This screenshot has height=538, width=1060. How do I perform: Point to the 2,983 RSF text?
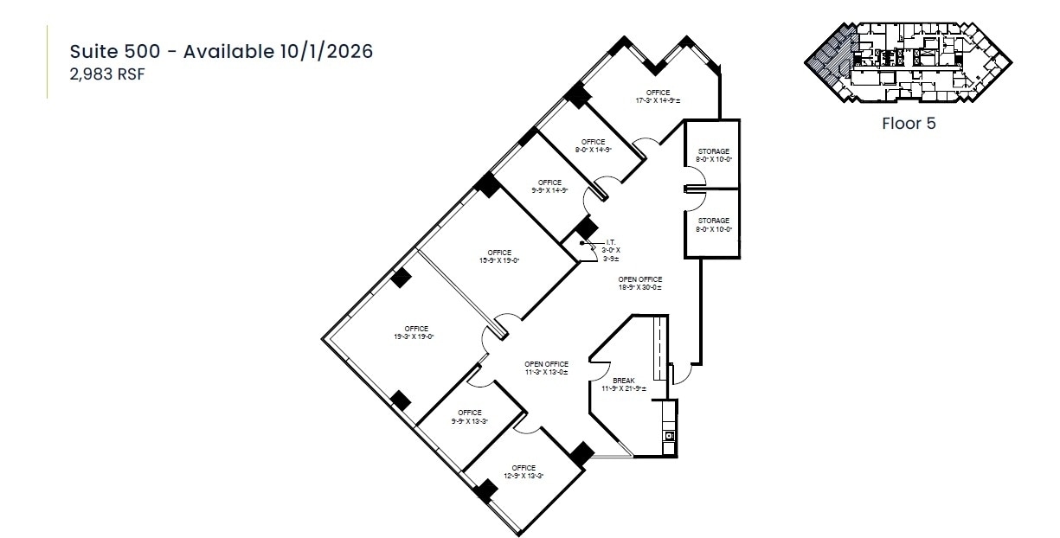click(106, 74)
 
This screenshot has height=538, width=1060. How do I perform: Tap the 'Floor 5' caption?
click(909, 123)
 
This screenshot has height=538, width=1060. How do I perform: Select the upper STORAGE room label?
click(713, 155)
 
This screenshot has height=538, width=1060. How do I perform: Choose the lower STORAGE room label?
click(713, 224)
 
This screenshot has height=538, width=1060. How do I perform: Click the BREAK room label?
click(624, 384)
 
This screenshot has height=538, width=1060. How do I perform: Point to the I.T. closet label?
click(611, 249)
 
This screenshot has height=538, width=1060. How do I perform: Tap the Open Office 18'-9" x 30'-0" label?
click(640, 283)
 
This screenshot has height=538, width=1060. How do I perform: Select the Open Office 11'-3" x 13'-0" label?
click(546, 368)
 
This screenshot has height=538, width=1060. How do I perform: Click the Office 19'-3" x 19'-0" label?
click(416, 332)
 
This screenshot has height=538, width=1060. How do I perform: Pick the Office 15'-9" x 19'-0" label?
click(499, 256)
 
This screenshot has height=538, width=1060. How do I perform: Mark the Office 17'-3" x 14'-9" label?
click(658, 96)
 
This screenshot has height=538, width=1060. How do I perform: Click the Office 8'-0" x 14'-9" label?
click(594, 145)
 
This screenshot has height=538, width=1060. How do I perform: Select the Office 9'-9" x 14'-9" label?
click(549, 186)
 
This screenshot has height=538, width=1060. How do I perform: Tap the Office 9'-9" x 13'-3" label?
click(469, 417)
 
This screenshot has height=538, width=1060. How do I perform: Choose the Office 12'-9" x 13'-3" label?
click(524, 472)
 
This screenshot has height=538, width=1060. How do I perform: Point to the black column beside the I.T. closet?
click(588, 227)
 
